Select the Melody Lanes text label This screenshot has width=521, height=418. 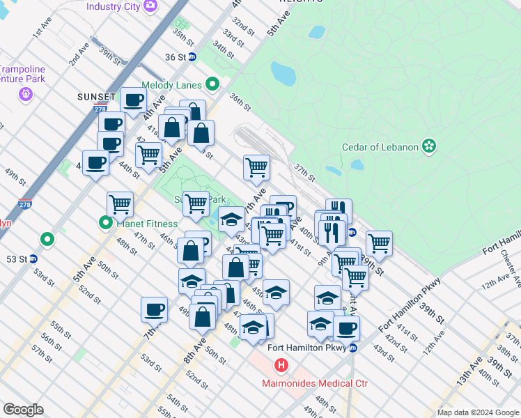[x=171, y=85]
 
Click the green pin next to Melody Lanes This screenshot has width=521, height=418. [x=212, y=85]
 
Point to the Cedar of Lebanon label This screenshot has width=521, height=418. [x=380, y=146]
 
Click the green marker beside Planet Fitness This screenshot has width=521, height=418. [x=106, y=224]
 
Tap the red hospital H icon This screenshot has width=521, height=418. [x=281, y=365]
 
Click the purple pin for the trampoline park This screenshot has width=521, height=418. [x=27, y=93]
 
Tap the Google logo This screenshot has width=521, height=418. [x=23, y=410]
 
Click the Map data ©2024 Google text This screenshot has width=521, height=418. [x=477, y=412]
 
